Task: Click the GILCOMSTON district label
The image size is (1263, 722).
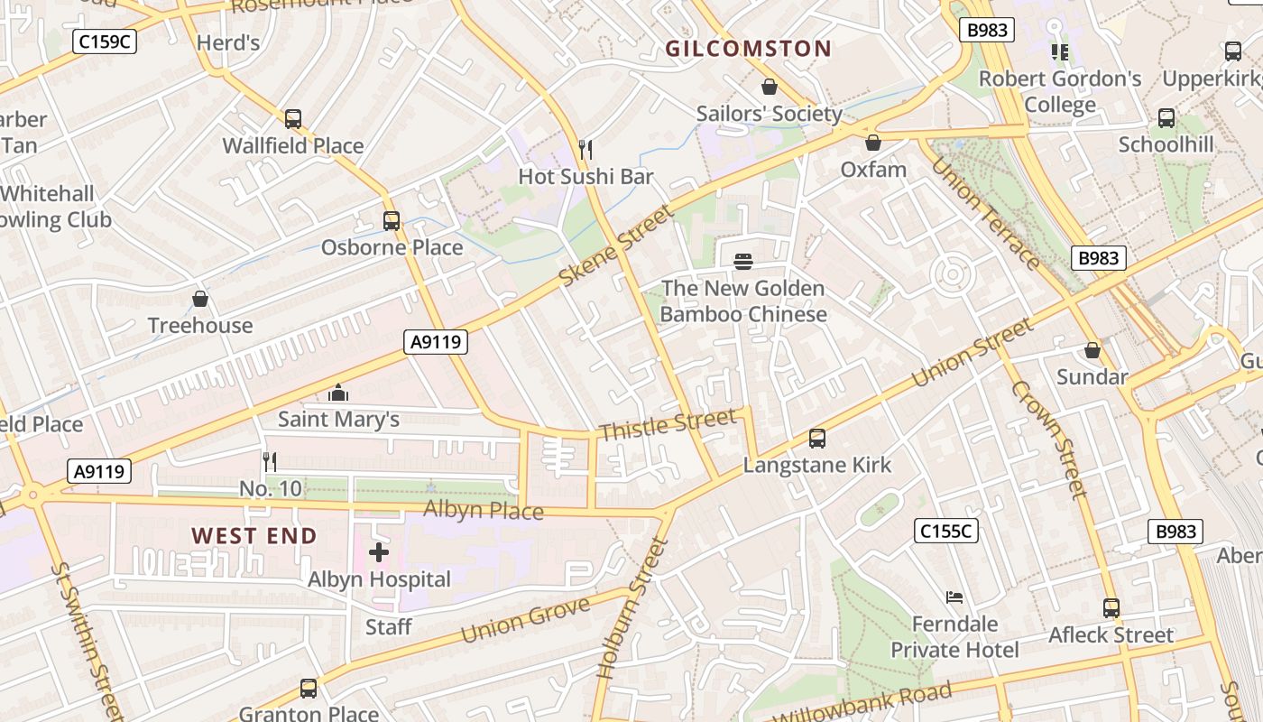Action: point(748,49)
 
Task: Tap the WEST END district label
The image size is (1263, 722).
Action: point(254,535)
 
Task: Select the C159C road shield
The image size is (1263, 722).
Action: point(105,41)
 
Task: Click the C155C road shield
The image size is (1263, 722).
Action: point(946,531)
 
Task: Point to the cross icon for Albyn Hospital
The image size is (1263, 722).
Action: point(379,551)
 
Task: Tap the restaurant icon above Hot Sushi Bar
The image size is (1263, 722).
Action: point(585,149)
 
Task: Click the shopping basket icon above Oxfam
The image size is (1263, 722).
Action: point(872,143)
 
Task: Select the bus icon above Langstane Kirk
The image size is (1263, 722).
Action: point(816,439)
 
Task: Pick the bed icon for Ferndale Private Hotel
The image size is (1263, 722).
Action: point(954,597)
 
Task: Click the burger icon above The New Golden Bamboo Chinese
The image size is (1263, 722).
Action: point(743,262)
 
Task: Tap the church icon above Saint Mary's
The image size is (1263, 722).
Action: point(338,393)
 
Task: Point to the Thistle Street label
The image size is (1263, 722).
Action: point(668,425)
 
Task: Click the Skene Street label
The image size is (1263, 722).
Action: point(617,245)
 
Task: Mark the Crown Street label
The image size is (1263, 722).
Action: point(1049,439)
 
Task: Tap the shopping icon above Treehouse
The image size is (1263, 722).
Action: point(200,299)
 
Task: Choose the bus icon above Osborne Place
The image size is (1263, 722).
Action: point(392,220)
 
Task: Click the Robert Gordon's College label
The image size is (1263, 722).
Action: point(1060,91)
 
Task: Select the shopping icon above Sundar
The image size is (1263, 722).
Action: point(1092,350)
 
